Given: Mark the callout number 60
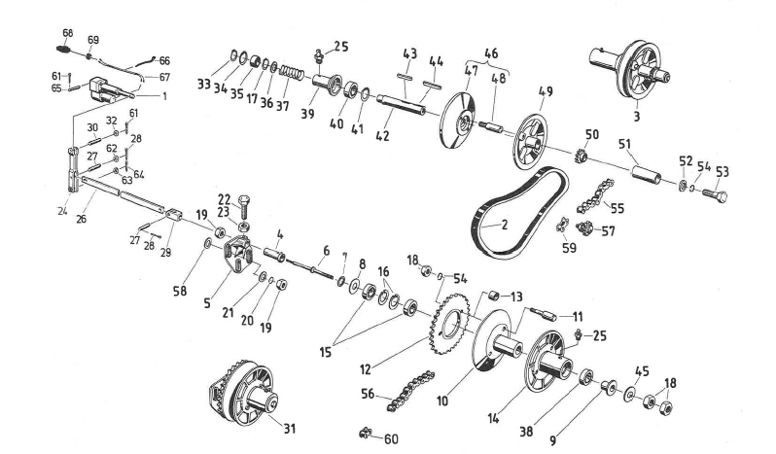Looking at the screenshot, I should point(391,438).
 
